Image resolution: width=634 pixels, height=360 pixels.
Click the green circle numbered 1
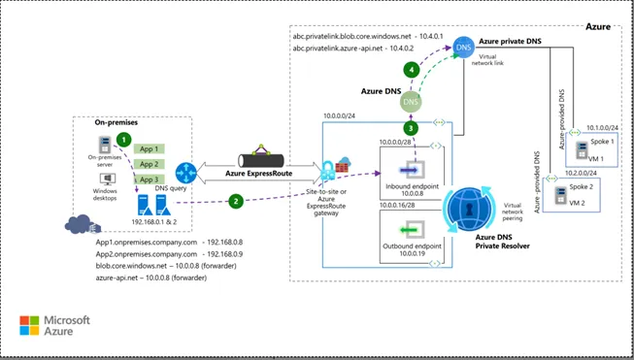(123, 140)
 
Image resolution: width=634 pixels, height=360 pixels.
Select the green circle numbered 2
(235, 201)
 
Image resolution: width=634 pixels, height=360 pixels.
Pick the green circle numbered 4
(412, 70)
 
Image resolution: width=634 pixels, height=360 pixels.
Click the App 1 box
(149, 149)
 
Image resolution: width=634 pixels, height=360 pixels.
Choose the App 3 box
(149, 180)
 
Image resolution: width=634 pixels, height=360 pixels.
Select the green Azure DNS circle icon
(412, 100)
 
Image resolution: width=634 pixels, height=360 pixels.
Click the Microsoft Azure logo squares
(29, 325)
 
